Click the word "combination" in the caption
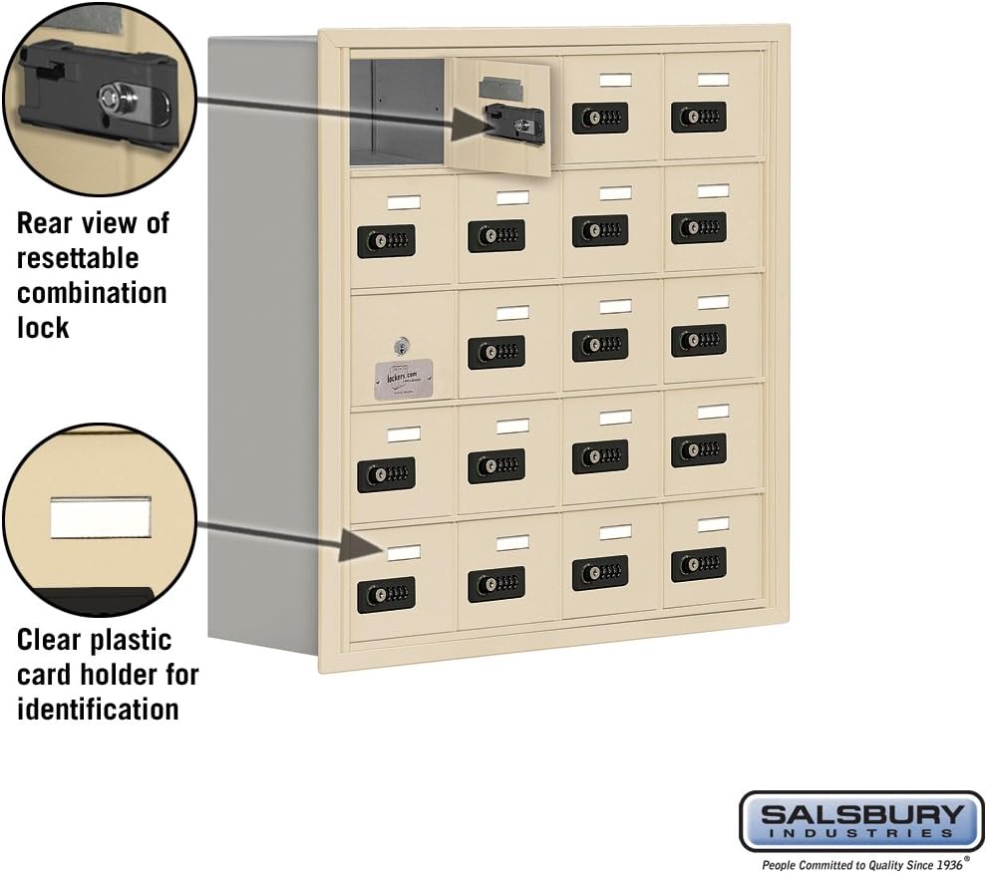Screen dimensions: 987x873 (x=92, y=293)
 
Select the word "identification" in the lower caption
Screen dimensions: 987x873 (x=98, y=709)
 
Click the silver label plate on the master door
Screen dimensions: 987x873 (x=403, y=379)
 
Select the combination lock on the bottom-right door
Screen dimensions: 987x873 (x=698, y=564)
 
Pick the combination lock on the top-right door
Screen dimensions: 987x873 (x=698, y=117)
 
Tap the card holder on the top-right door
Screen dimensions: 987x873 (x=712, y=80)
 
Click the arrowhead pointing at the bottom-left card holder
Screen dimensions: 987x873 (x=353, y=546)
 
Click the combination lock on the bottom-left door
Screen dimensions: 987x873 (x=386, y=595)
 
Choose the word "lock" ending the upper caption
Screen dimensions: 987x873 (x=43, y=327)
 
